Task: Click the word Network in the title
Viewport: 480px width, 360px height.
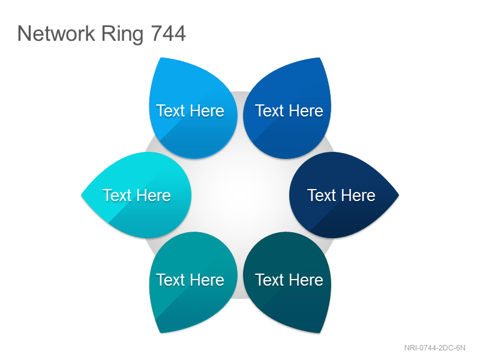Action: [56, 33]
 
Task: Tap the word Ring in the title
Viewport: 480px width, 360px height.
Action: [122, 34]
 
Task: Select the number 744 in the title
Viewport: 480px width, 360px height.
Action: [169, 33]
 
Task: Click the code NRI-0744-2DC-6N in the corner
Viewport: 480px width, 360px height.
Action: [434, 348]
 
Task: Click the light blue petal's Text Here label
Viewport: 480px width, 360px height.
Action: [190, 110]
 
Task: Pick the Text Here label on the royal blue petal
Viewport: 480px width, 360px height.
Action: [289, 110]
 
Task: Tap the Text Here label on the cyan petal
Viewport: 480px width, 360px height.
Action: [137, 196]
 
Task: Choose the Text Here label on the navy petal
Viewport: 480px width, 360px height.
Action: [341, 196]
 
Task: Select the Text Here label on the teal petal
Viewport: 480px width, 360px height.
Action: [190, 280]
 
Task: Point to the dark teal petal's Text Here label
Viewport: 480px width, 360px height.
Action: [289, 280]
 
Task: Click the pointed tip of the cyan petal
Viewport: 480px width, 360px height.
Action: [82, 195]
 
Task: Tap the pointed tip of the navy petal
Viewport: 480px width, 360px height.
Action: [398, 195]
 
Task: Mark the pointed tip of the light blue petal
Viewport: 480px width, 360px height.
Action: [161, 58]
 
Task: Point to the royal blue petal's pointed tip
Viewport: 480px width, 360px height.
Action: [319, 58]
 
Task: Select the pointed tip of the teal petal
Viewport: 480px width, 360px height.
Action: [161, 332]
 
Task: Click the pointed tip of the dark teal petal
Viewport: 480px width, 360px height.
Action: [319, 332]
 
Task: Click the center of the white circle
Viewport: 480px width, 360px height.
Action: [241, 195]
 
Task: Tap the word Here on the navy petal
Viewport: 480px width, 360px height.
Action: [358, 196]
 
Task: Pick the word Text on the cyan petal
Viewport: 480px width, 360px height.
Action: [116, 196]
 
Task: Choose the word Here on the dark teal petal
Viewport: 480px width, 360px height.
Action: [306, 280]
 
